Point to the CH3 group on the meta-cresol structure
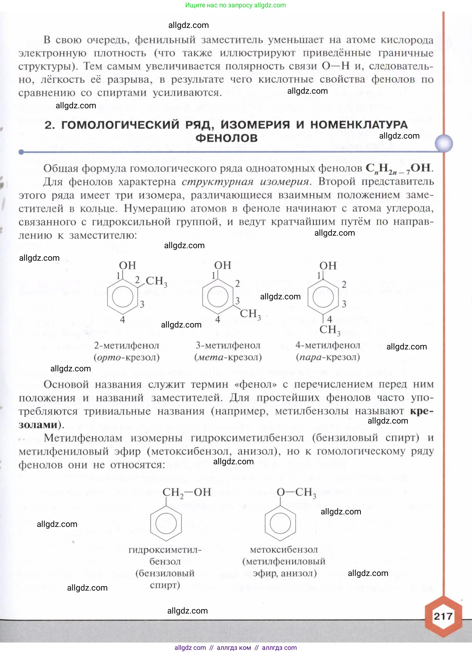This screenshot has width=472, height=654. [250, 314]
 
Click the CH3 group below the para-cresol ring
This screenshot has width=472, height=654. [330, 330]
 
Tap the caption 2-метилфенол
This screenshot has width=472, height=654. [127, 345]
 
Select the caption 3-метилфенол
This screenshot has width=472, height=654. [228, 345]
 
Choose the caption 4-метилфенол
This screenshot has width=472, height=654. [328, 345]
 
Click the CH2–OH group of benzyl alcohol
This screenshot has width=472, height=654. [187, 492]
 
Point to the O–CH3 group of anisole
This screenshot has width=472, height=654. [296, 492]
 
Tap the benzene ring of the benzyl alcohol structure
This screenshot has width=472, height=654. [166, 523]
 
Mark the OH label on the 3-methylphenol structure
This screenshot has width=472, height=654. [223, 265]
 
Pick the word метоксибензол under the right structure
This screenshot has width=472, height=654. [284, 550]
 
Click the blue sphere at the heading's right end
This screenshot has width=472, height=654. [444, 143]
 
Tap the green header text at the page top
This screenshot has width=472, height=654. [235, 5]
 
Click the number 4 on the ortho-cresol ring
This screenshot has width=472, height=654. [123, 319]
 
